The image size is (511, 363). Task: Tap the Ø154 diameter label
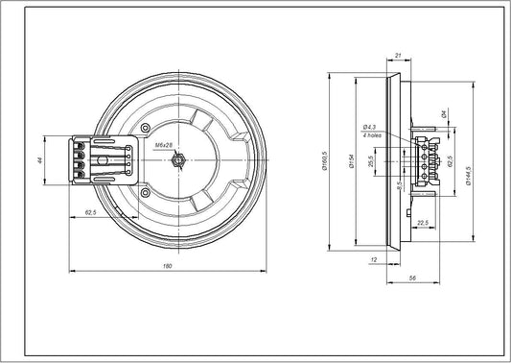click(x=354, y=162)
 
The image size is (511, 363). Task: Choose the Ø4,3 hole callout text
click(x=371, y=127)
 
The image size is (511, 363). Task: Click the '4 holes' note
click(x=371, y=135)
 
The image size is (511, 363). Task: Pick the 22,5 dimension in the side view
click(x=422, y=222)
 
